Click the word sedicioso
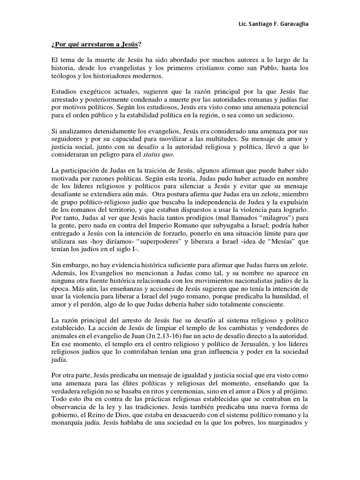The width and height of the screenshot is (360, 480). pyautogui.click(x=291, y=115)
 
